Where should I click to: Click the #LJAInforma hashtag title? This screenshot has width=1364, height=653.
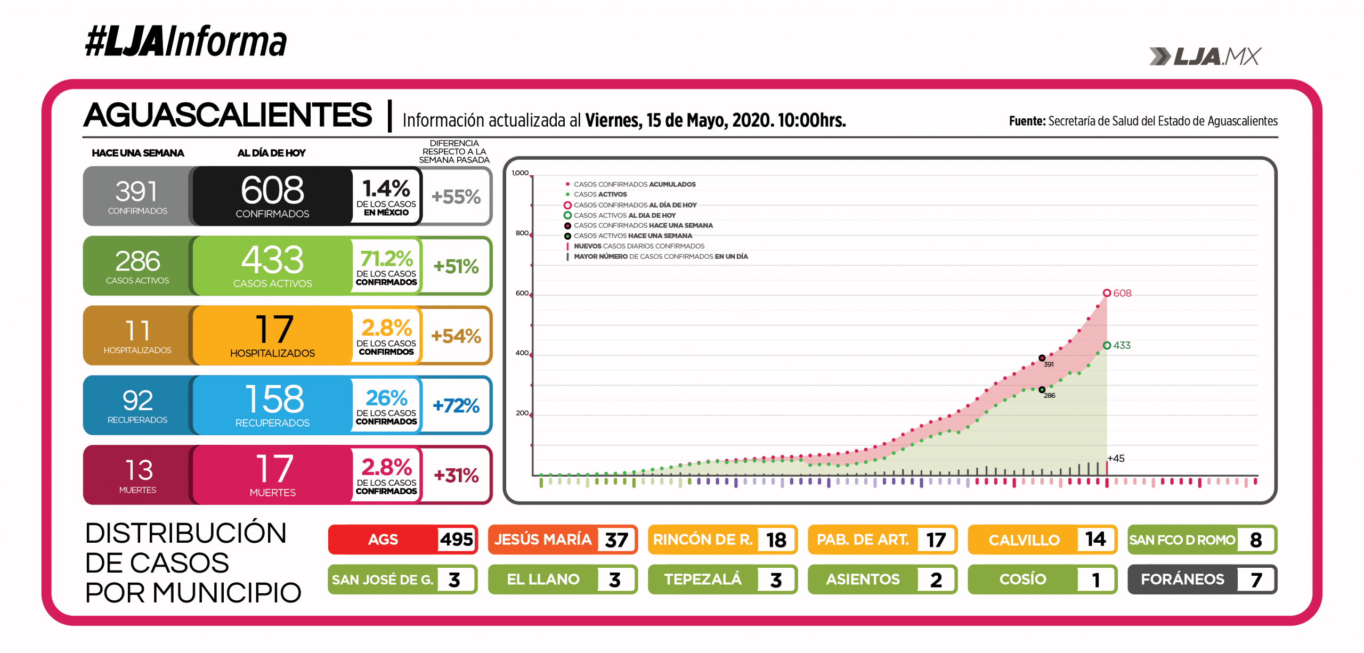pos(185,42)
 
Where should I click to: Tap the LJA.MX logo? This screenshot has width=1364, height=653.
pos(1205,56)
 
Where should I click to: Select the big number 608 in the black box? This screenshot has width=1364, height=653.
pos(272,190)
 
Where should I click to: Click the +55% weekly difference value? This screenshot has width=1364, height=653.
pos(456,197)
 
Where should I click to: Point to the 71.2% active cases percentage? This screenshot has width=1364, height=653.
pos(386,259)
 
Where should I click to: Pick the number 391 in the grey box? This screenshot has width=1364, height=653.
pos(137,192)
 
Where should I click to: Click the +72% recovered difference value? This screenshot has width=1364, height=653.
pos(456,406)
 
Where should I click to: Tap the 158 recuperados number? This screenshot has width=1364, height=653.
pos(274,399)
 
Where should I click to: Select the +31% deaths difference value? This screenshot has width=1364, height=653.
pos(456,475)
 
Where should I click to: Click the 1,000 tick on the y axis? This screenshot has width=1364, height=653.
pos(520,173)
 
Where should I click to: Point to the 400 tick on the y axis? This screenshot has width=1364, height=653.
pos(522,353)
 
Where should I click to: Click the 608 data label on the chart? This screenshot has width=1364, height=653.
pos(1122,293)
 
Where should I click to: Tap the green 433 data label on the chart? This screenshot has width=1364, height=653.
pos(1122,346)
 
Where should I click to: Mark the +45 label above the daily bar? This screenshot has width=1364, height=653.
pos(1116,459)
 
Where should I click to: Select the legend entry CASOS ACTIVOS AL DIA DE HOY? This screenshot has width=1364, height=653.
pos(624,216)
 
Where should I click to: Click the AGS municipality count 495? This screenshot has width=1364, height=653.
pos(456,540)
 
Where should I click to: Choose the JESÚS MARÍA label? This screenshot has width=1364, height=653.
pos(542,540)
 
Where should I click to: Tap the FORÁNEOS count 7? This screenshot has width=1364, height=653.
pos(1256,579)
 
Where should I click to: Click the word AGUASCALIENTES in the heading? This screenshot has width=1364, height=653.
pos(228,115)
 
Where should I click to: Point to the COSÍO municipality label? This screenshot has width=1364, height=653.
pos(1022,579)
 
